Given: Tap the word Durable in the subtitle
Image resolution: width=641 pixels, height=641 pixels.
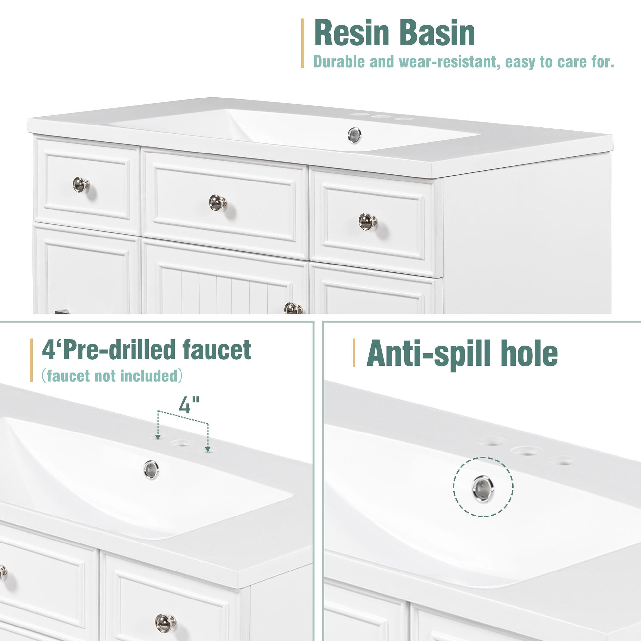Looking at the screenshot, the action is pos(339,62).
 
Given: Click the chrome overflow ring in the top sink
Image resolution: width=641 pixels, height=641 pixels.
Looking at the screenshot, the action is pos(354,135).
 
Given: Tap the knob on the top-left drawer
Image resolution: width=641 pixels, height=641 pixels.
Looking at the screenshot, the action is pos(81,184).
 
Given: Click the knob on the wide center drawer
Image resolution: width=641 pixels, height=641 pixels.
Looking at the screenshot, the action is pos(218,202).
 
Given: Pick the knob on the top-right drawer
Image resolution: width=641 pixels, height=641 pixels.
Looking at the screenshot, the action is pos(368,222).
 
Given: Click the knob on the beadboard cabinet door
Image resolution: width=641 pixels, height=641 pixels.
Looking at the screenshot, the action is pos(293,308).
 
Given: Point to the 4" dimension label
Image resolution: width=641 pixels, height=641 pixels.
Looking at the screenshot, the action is pos(189,404).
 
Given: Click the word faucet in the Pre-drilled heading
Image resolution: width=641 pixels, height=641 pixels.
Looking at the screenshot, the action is pos(217,350).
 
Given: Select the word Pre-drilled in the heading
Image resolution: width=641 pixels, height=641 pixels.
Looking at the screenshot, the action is pos(119,350).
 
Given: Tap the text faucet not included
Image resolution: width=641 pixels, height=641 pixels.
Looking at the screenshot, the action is pos(112,376).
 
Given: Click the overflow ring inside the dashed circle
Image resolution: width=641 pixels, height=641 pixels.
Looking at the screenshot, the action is pos(483,489).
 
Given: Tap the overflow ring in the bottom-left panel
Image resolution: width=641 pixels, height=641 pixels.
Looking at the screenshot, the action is pos(151,470).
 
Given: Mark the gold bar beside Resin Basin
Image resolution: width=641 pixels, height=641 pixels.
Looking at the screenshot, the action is pos(303,43).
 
